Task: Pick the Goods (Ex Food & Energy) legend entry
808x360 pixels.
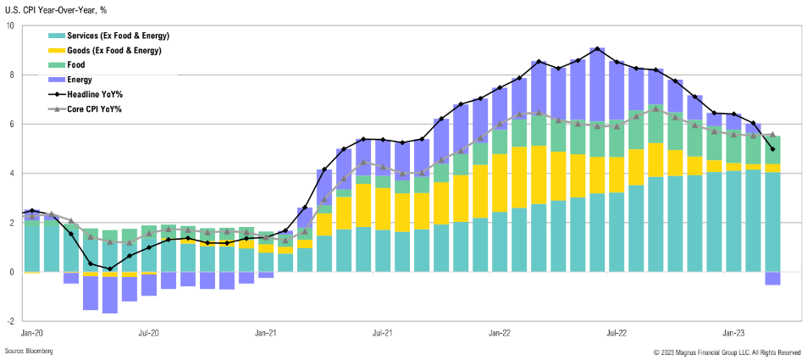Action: click(119, 50)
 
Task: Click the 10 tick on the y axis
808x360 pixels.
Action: click(10, 25)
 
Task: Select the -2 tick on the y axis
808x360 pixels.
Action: click(10, 322)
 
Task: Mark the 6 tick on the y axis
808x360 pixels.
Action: click(12, 125)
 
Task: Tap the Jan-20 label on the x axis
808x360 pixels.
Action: click(32, 334)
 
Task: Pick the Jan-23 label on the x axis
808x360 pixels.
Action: click(734, 334)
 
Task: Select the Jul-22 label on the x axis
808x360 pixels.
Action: click(617, 334)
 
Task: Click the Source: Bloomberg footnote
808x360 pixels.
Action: click(29, 352)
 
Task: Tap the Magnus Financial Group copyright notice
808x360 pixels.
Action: click(727, 352)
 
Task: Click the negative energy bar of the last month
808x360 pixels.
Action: click(772, 279)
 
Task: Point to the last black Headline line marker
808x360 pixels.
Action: click(772, 149)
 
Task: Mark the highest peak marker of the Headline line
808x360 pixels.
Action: click(597, 49)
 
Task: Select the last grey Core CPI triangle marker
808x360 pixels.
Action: click(772, 135)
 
